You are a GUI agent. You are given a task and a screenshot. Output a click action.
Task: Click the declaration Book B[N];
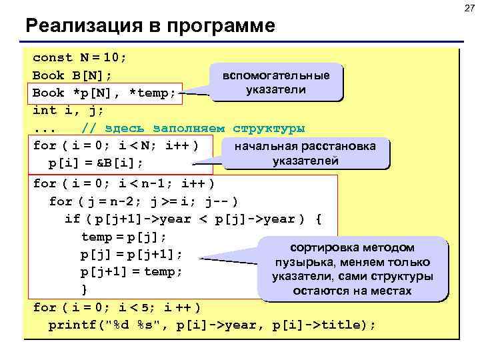click(x=72, y=75)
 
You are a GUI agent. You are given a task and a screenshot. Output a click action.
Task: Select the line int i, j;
click(x=68, y=110)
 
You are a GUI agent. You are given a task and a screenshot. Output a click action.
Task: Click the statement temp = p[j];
click(x=124, y=236)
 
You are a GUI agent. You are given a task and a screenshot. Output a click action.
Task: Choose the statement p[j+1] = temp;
click(x=131, y=272)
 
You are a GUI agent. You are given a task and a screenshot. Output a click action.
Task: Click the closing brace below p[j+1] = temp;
click(x=84, y=289)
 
